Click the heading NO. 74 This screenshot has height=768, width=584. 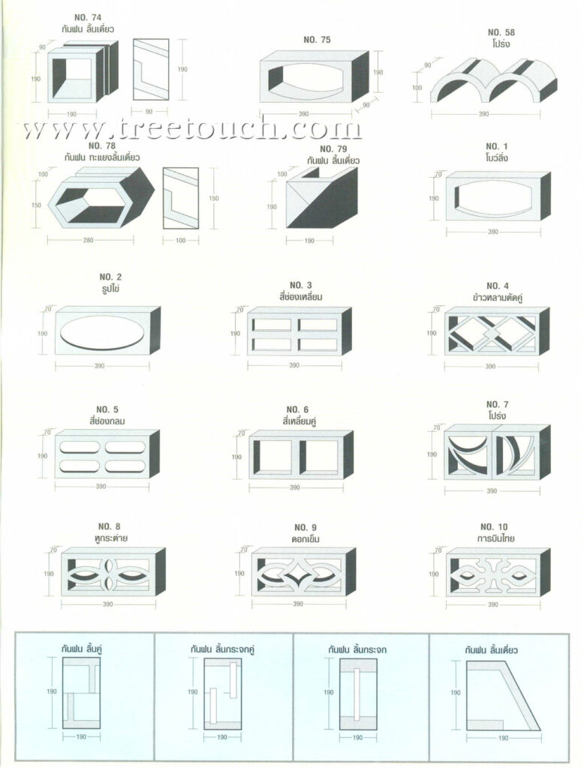88,18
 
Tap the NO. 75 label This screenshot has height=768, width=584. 317,40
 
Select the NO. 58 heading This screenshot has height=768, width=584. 501,32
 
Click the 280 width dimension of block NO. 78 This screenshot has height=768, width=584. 89,240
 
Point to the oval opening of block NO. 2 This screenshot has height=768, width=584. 102,332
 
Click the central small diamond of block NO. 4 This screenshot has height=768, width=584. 492,334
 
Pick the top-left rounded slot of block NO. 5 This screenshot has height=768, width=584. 80,447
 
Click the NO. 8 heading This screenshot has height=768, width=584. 109,526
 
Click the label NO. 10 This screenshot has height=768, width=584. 494,526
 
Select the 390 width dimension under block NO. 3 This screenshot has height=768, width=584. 294,365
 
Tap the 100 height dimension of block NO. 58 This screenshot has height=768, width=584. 417,88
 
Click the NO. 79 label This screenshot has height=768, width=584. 333,148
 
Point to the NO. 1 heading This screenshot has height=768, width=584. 497,146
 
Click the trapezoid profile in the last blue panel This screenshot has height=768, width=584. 503,695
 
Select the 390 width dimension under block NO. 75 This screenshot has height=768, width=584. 304,114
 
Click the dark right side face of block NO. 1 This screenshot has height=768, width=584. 545,196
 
